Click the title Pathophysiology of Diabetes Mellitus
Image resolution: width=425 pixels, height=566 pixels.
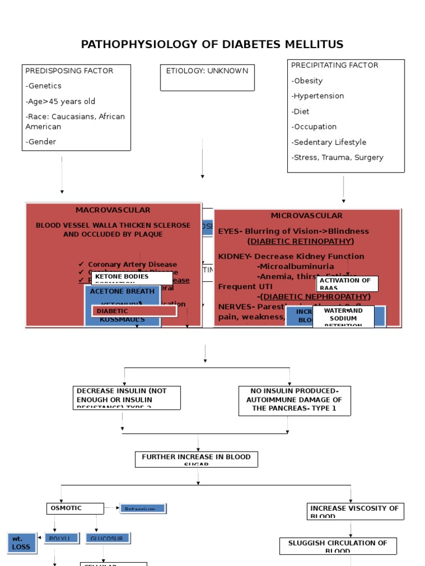click(212, 44)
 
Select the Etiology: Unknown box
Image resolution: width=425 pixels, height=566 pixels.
click(208, 77)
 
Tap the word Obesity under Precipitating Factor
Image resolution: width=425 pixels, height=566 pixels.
click(308, 81)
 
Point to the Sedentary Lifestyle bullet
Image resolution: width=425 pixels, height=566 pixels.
click(329, 142)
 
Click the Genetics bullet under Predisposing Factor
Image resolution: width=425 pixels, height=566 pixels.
click(44, 86)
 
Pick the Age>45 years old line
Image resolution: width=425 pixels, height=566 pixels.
click(60, 101)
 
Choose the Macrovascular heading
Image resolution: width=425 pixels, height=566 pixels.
click(113, 210)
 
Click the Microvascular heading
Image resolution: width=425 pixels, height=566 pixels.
click(307, 216)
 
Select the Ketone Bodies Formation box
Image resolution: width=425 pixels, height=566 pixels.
click(131, 278)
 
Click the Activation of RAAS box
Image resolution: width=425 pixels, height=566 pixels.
click(347, 284)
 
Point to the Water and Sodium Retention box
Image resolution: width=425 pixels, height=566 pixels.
click(343, 317)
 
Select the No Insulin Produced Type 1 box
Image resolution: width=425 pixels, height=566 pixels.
click(294, 400)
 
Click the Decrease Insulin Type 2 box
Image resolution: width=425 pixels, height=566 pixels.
click(126, 397)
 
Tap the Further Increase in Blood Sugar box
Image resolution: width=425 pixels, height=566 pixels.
click(196, 459)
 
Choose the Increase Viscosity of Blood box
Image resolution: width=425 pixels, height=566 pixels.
click(355, 511)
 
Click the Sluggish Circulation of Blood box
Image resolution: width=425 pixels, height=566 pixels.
click(338, 546)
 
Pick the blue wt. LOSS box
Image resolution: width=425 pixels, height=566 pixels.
click(22, 543)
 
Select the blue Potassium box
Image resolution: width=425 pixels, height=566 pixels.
click(143, 509)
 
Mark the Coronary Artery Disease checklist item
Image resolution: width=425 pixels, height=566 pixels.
click(132, 265)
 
